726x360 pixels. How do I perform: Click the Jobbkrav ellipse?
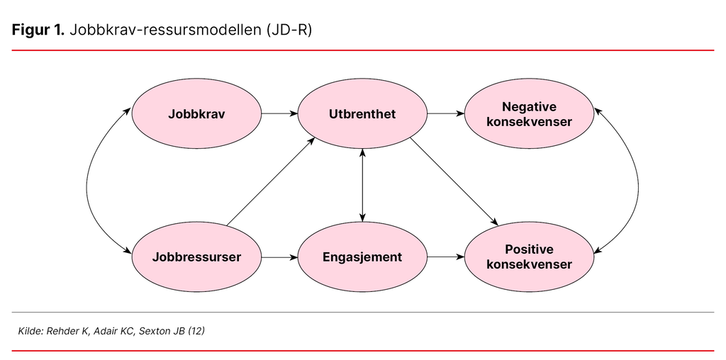tap(196, 113)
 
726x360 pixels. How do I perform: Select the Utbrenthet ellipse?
tap(362, 113)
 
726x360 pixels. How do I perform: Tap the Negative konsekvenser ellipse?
tap(529, 113)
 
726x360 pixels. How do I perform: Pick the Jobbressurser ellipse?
tap(196, 257)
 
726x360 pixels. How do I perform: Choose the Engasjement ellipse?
tap(362, 257)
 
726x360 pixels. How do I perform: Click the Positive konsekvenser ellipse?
tap(529, 257)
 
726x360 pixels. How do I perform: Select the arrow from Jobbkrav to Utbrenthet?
tap(279, 113)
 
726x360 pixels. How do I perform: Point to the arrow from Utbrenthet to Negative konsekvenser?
tap(445, 113)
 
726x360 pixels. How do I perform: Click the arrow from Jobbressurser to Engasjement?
tap(279, 257)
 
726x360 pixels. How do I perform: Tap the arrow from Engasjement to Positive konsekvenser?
tap(445, 257)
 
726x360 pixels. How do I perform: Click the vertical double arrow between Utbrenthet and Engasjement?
tap(362, 184)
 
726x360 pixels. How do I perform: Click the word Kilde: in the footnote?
tap(32, 331)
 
